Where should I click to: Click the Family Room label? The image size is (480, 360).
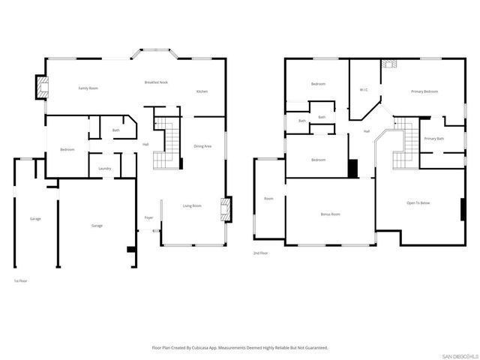[88, 88]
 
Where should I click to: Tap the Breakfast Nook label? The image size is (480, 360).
[156, 82]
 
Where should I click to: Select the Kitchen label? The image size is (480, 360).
[202, 91]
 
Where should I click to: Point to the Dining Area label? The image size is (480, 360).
[202, 145]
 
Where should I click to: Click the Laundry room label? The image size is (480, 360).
[105, 168]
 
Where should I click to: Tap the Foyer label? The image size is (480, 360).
[149, 217]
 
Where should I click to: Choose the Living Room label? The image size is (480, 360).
[193, 205]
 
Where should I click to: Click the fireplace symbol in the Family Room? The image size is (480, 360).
[42, 86]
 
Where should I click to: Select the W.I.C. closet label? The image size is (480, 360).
[363, 90]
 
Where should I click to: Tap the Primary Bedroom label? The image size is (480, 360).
[424, 91]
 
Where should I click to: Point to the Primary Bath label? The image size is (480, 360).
[434, 139]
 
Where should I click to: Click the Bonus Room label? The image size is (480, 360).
[331, 214]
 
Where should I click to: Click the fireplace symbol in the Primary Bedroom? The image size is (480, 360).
[389, 64]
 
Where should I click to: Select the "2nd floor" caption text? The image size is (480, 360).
[260, 253]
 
